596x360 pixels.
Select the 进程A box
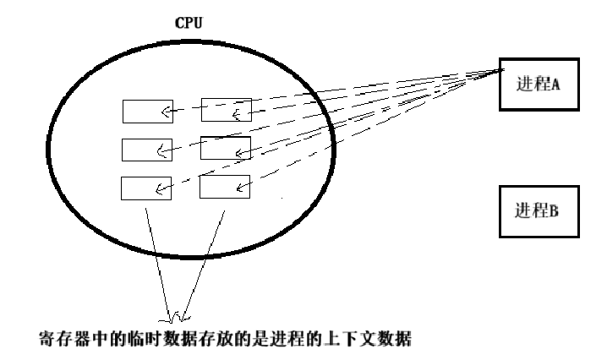coord(537,84)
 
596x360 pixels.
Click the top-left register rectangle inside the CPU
coord(147,112)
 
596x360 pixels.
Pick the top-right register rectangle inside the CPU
coord(226,112)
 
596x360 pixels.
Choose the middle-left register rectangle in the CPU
coord(147,150)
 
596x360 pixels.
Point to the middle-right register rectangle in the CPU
coord(226,150)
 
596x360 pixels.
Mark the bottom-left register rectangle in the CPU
coord(147,187)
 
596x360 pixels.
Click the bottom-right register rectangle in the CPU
coord(226,187)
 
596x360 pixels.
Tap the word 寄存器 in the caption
coord(60,341)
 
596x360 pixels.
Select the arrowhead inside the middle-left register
coord(161,150)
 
